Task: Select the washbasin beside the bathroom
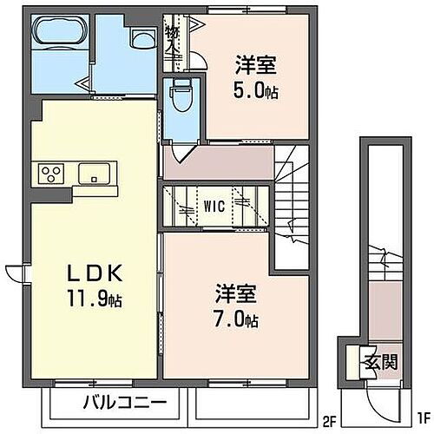coord(139,37)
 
